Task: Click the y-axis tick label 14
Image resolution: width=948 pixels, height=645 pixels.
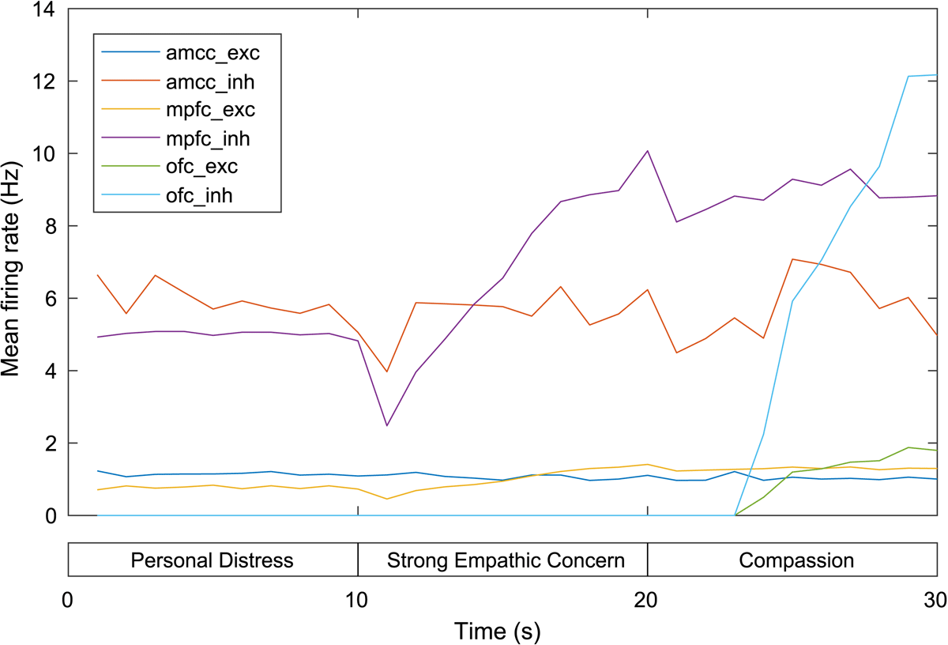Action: [x=46, y=9]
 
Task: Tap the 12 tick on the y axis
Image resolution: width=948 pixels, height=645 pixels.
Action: [x=46, y=81]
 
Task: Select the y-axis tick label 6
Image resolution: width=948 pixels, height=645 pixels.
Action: [x=51, y=299]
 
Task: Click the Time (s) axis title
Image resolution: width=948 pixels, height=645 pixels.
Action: [x=497, y=631]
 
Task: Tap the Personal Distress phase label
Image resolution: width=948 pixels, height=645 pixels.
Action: [x=213, y=561]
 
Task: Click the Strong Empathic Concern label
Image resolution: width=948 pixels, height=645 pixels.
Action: [x=506, y=561]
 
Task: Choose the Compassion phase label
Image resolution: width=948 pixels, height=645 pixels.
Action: [x=796, y=561]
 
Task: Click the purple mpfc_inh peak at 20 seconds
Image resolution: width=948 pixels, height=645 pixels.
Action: [x=648, y=151]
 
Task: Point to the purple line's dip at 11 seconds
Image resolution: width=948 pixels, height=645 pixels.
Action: [x=387, y=425]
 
